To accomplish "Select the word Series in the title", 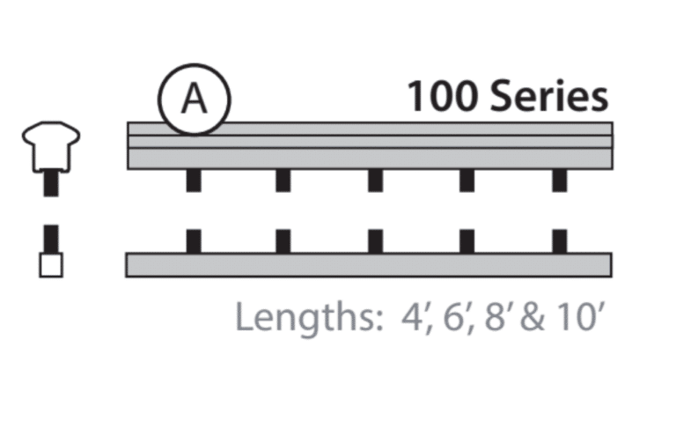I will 548,96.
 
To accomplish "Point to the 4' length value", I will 410,317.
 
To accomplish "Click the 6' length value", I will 456,317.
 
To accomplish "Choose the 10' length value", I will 576,317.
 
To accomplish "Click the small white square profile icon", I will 51,265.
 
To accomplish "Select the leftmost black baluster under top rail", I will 193,181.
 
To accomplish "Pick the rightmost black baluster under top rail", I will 560,181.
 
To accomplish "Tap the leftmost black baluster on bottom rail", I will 193,240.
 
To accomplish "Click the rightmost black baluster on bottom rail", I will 560,240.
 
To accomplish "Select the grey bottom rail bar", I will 369,265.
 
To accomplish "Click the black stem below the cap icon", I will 51,183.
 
